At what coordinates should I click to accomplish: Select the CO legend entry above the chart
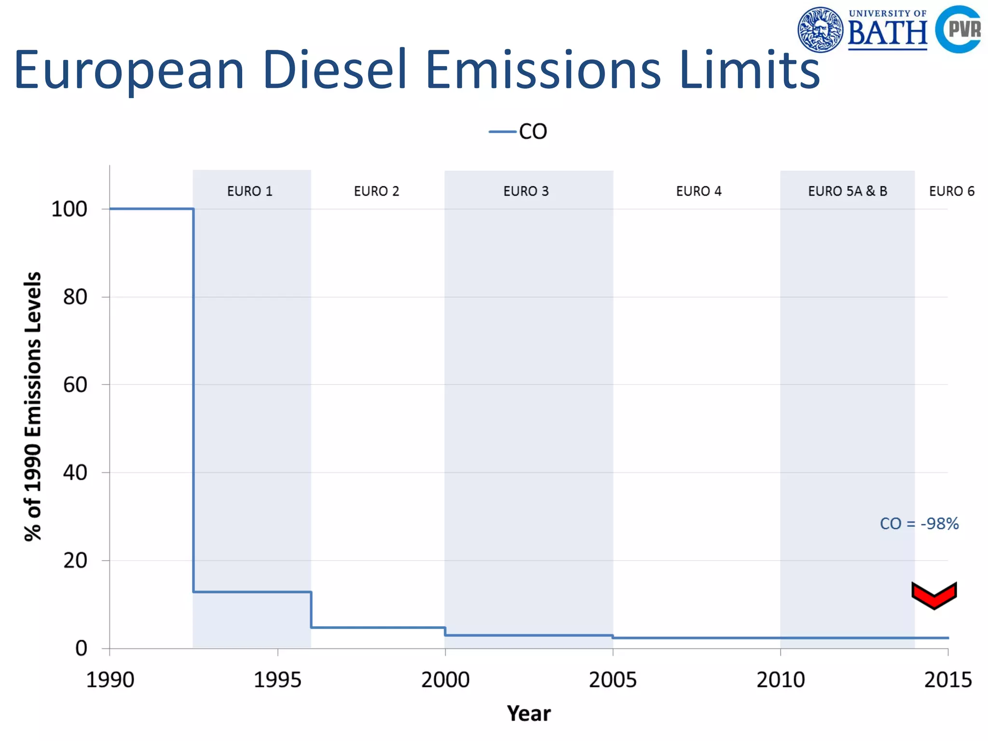519,132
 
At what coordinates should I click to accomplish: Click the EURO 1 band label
249,192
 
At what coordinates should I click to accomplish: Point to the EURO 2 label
376,192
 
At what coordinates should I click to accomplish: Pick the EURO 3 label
526,192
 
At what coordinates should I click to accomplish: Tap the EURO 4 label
698,192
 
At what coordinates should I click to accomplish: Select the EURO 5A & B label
847,192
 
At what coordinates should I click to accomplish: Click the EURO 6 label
951,192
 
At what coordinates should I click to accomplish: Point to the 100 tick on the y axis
69,209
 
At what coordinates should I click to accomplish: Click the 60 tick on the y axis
75,385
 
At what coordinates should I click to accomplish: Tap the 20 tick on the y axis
75,561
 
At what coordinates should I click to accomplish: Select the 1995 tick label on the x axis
277,680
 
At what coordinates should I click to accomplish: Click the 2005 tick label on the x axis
613,680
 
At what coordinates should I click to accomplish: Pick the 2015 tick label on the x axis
947,680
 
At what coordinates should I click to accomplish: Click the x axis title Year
528,714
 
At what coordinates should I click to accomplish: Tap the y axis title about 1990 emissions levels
33,406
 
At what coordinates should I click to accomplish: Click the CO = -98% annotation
919,524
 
